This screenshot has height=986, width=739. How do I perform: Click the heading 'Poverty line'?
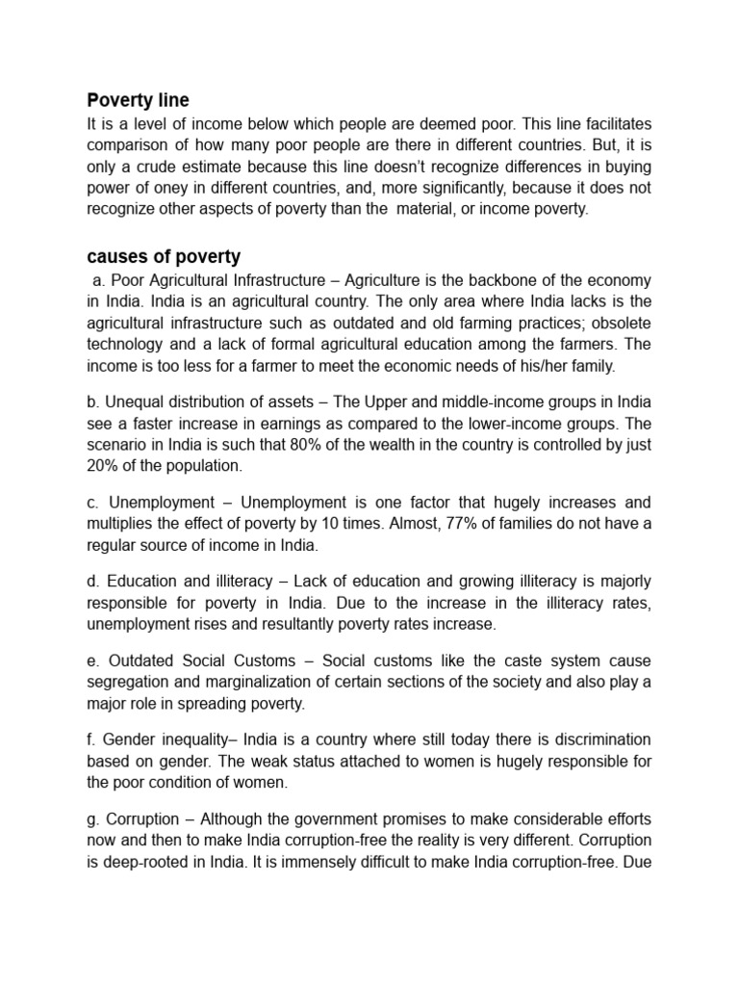click(x=138, y=100)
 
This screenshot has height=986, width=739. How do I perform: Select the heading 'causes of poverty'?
click(x=164, y=257)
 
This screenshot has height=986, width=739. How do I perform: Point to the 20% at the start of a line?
click(x=103, y=465)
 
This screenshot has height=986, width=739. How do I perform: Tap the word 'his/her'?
click(x=525, y=367)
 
